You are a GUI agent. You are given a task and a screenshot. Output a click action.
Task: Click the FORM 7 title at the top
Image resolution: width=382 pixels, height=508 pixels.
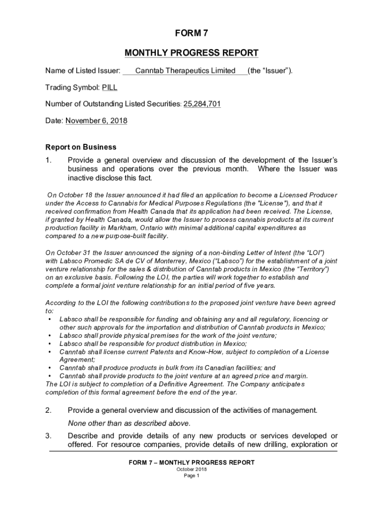click(191, 34)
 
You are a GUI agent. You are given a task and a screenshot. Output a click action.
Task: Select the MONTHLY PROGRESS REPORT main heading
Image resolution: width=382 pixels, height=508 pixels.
click(191, 53)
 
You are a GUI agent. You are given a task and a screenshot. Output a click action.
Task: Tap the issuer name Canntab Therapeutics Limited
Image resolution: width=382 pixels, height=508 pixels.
click(185, 71)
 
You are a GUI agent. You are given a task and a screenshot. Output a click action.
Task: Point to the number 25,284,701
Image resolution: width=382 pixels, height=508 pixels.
click(202, 104)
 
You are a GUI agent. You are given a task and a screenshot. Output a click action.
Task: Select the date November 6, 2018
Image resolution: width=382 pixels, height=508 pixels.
click(96, 121)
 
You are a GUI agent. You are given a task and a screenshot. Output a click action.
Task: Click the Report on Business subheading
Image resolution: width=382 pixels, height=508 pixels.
click(81, 147)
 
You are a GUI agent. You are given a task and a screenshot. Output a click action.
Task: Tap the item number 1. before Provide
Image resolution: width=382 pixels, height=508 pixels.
click(48, 160)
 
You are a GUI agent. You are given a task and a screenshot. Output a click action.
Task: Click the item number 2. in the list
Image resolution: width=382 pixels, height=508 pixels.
click(48, 410)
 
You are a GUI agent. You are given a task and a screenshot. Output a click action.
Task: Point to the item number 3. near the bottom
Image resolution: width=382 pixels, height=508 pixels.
click(48, 436)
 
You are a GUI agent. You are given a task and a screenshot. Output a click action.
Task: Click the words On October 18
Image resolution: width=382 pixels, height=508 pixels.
click(67, 194)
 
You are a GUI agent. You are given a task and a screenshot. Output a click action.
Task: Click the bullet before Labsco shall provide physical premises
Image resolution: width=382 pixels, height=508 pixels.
click(50, 336)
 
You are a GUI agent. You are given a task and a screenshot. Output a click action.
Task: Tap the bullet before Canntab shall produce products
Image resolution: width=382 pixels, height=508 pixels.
click(50, 368)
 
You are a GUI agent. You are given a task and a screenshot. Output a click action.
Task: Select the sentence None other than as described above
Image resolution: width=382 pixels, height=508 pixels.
click(128, 423)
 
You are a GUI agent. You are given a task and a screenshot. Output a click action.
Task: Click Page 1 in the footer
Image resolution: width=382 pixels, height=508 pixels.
click(191, 476)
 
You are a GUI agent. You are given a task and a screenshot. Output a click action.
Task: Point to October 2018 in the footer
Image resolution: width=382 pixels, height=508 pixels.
click(191, 469)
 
